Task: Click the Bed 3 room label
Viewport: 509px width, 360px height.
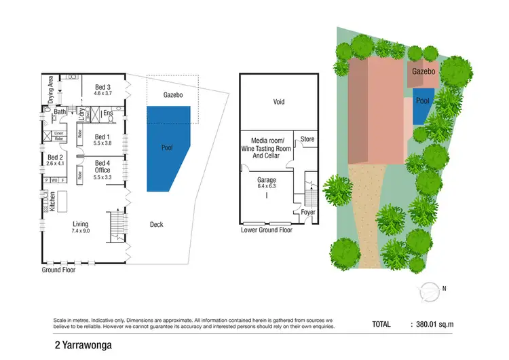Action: click(102, 87)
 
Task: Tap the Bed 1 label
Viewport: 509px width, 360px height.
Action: click(102, 137)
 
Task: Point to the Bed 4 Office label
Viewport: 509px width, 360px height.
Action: click(102, 166)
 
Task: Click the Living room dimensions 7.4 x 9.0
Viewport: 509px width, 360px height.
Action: click(81, 231)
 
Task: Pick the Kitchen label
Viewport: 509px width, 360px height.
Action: click(51, 201)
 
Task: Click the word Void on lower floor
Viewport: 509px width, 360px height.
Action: click(278, 103)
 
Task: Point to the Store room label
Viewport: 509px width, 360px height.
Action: click(307, 139)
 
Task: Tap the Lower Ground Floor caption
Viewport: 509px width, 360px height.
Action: click(266, 230)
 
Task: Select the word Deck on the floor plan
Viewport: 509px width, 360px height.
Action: click(156, 224)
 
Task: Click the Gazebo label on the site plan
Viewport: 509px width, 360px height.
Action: click(423, 71)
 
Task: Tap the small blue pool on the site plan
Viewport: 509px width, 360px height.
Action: click(423, 105)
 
